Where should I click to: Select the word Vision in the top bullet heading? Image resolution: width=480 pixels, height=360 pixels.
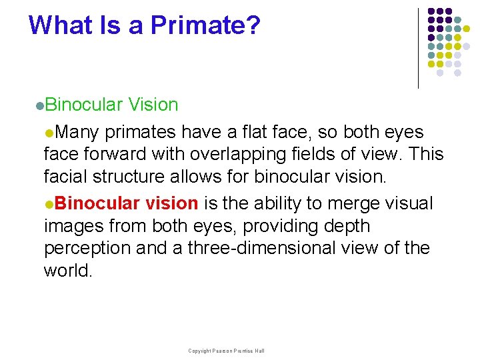click(153, 105)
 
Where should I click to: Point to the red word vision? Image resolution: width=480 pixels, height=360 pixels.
click(171, 203)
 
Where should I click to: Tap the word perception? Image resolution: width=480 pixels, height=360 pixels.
click(87, 249)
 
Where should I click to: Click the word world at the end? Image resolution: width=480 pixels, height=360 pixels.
click(65, 271)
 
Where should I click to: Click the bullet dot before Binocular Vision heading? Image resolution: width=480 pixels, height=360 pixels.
click(40, 106)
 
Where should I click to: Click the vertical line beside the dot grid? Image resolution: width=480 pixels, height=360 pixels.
click(418, 48)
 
